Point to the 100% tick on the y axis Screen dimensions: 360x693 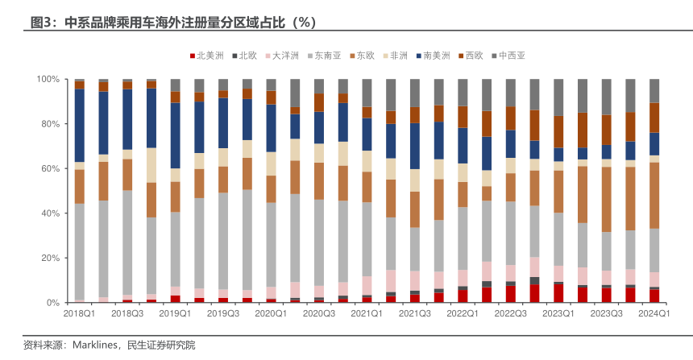(48, 79)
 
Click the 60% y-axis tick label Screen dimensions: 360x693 (50, 168)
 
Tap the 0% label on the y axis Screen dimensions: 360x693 (53, 303)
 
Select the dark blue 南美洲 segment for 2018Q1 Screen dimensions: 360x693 (80, 125)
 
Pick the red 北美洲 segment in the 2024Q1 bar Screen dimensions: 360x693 (654, 296)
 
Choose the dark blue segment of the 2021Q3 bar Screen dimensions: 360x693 (415, 146)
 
